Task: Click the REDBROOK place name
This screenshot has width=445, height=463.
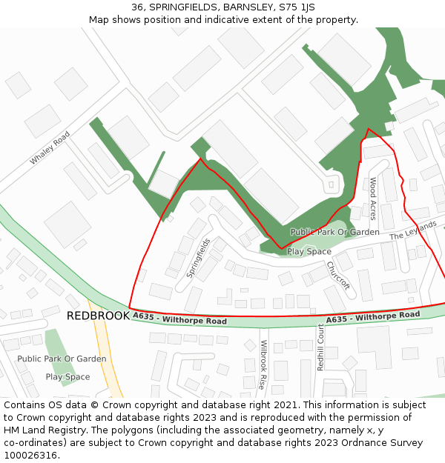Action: coord(97,316)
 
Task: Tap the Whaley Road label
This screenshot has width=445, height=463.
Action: coord(50,148)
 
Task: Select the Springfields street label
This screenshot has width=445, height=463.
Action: coord(198,257)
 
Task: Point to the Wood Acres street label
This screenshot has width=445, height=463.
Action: coord(373,199)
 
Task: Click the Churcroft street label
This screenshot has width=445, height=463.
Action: coord(337,276)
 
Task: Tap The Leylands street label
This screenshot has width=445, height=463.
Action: coord(413,230)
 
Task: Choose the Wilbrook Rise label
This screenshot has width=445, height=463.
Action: coord(263,364)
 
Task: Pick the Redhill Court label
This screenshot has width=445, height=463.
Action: coord(320,347)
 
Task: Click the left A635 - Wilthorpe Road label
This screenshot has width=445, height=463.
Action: coord(180,319)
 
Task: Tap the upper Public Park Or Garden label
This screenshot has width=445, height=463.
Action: coord(334,232)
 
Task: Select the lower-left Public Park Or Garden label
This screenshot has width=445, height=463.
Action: coord(62,359)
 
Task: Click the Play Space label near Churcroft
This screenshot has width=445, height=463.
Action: coord(309,251)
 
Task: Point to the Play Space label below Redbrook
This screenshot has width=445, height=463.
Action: coord(67,376)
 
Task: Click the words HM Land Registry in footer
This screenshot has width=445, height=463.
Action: coord(39,430)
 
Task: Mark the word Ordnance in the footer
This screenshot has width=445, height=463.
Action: coord(373,442)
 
